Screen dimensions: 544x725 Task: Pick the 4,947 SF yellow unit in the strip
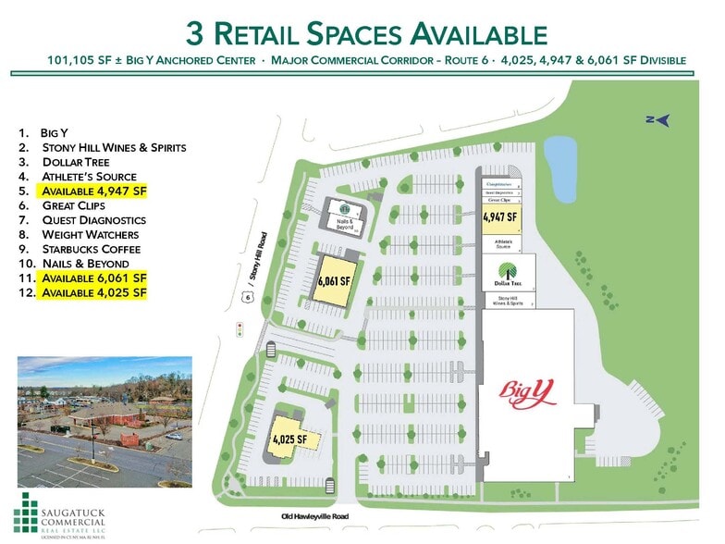click(x=498, y=218)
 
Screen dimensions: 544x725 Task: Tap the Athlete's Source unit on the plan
click(x=499, y=243)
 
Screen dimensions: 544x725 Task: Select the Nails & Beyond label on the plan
click(x=344, y=225)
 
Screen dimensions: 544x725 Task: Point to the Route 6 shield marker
click(x=247, y=296)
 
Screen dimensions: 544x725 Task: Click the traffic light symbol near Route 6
click(x=240, y=328)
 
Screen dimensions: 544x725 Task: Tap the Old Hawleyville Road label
click(x=313, y=517)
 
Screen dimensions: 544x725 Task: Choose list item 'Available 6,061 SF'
click(x=93, y=277)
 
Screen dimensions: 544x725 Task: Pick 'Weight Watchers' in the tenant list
click(x=91, y=234)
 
